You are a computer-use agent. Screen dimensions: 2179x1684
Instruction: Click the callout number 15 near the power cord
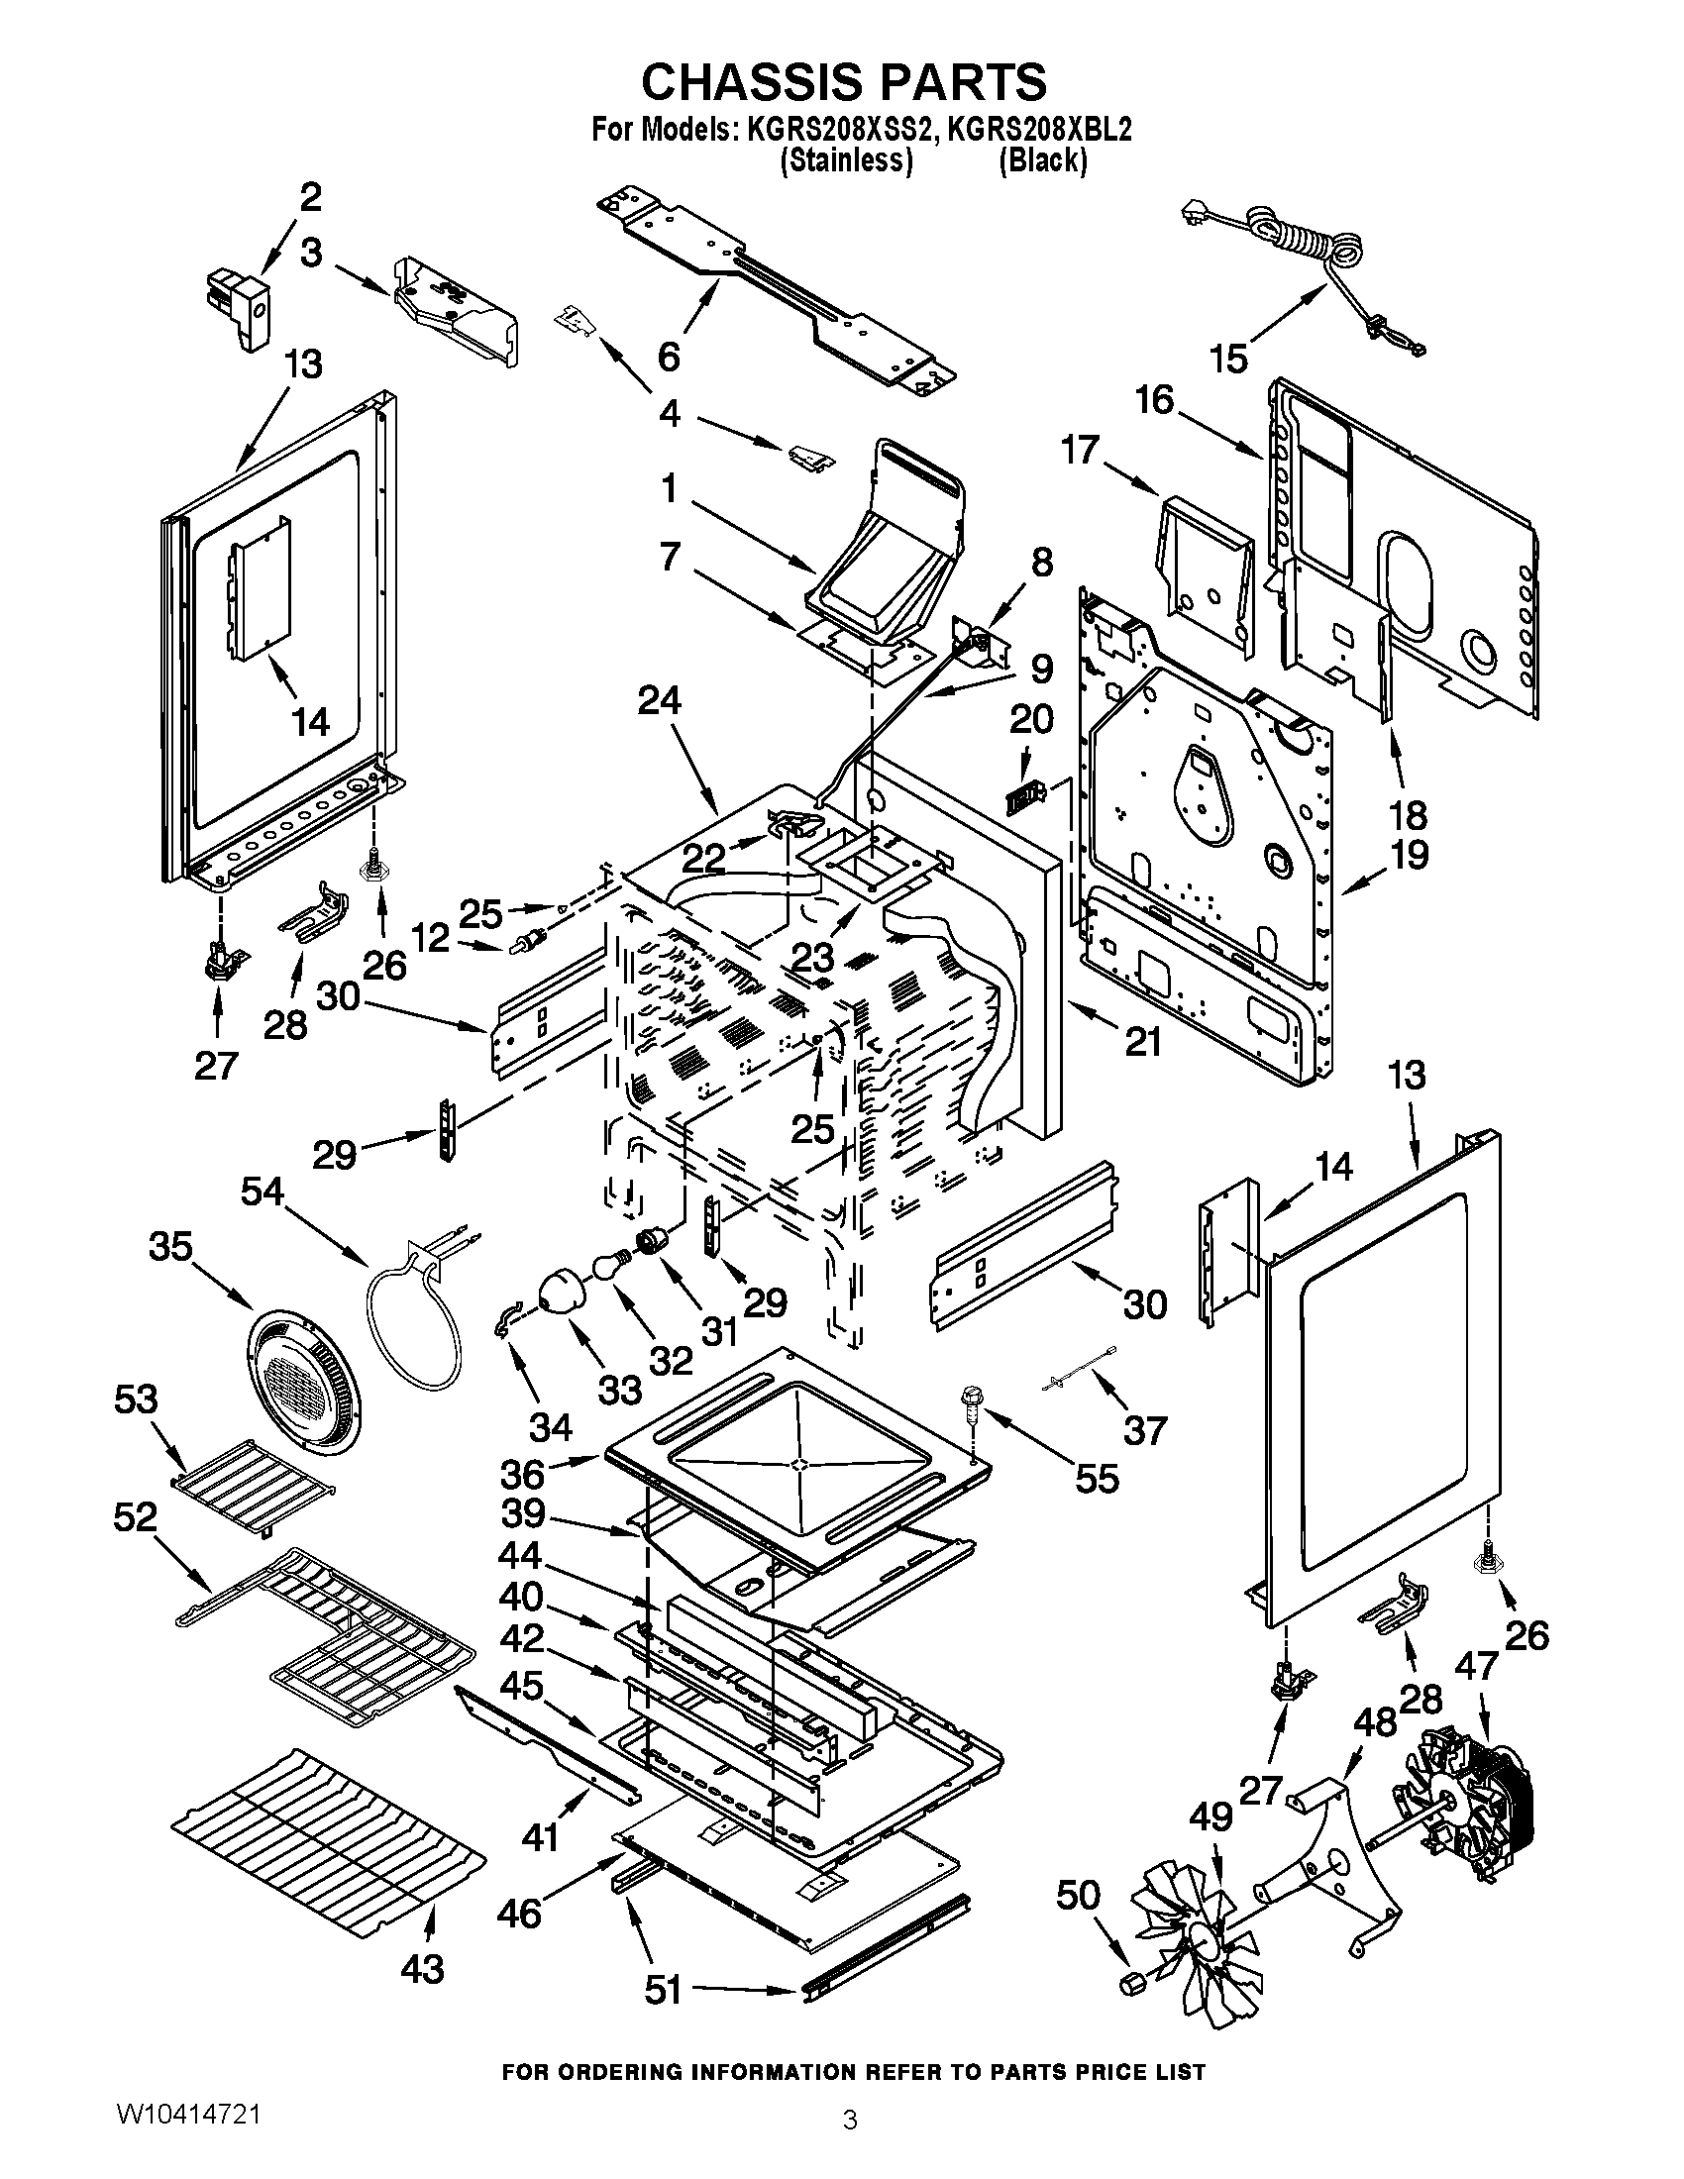pyautogui.click(x=1229, y=359)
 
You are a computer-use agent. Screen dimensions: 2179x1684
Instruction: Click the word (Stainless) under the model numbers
pyautogui.click(x=846, y=159)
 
